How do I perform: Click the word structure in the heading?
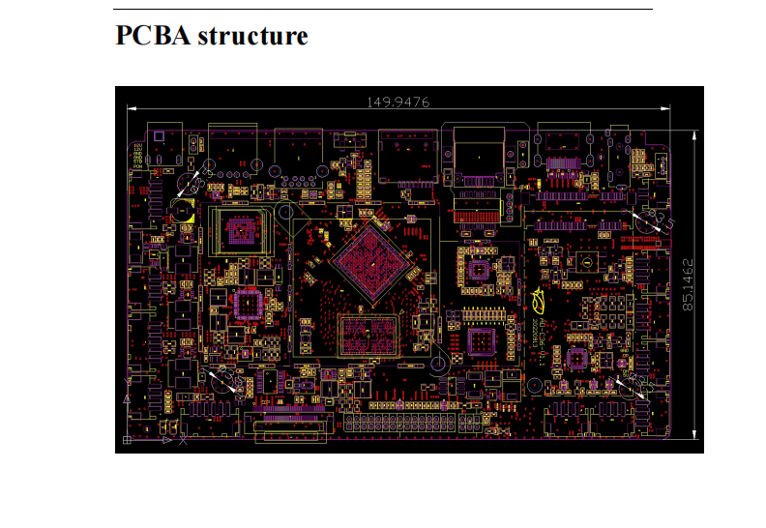[252, 36]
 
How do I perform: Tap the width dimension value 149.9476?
[398, 101]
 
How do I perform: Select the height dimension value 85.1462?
[688, 283]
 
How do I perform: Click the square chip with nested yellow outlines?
[243, 230]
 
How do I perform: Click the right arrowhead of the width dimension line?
[666, 107]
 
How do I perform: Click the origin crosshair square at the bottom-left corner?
[127, 441]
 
